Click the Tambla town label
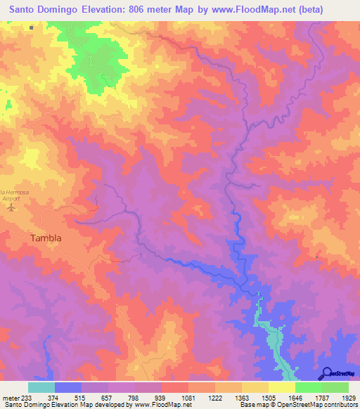coord(46,238)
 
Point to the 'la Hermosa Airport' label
coord(13,195)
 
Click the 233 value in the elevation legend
coord(32,398)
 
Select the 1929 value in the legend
coord(349,398)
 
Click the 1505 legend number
coord(269,398)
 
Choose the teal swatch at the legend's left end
coord(41,387)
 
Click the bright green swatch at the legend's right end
coord(335,387)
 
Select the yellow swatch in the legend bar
coord(282,387)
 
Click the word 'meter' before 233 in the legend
coord(12,398)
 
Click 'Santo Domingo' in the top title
coord(41,11)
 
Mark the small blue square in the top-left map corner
coord(32,28)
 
